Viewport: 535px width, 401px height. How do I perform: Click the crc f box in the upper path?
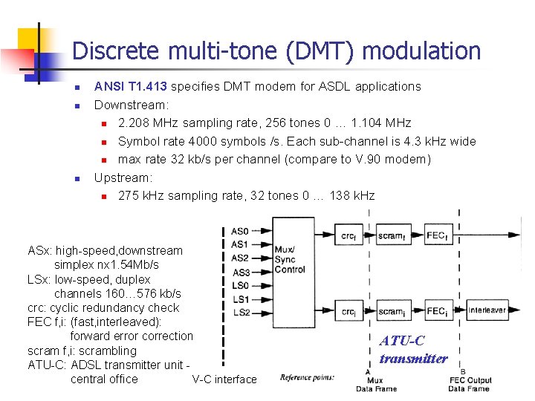[x=348, y=236]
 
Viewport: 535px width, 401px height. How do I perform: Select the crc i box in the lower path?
[x=348, y=311]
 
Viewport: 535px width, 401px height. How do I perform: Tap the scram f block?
[x=391, y=236]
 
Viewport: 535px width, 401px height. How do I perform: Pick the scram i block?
[x=391, y=311]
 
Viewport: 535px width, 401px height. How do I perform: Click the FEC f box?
[x=436, y=236]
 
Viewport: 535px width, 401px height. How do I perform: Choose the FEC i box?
[x=436, y=311]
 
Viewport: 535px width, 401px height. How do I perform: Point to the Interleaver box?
[x=487, y=310]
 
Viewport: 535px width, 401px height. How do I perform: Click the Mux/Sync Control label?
[x=289, y=259]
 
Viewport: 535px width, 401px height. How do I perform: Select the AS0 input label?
[x=240, y=232]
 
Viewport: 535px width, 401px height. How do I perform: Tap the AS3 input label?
[x=240, y=272]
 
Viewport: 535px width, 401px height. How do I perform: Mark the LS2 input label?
[x=240, y=313]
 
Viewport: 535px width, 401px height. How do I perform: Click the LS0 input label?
[x=240, y=286]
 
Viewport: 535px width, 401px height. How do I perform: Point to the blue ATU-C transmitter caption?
[x=413, y=350]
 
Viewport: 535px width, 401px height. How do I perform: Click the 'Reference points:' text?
[x=307, y=377]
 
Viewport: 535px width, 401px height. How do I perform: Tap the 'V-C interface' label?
[x=224, y=379]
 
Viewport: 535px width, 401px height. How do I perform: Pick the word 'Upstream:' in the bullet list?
[x=123, y=177]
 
